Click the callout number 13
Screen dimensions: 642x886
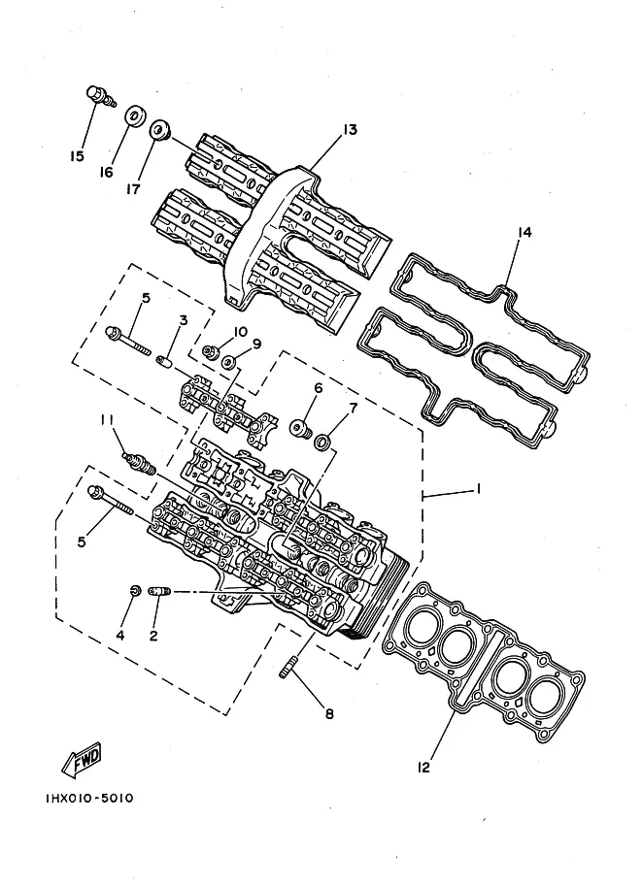(x=350, y=130)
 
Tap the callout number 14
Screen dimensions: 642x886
(x=524, y=232)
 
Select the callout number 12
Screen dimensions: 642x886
(x=423, y=767)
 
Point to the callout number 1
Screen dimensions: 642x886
(x=478, y=488)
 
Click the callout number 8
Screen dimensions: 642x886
(x=329, y=714)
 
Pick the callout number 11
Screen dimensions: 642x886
(x=108, y=419)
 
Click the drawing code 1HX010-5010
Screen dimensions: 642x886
(x=89, y=799)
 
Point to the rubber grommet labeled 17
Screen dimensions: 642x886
(x=159, y=130)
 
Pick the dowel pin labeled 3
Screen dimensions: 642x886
(x=164, y=360)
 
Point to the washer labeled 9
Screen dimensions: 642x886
(x=228, y=361)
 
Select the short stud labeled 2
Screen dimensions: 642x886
(x=159, y=591)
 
